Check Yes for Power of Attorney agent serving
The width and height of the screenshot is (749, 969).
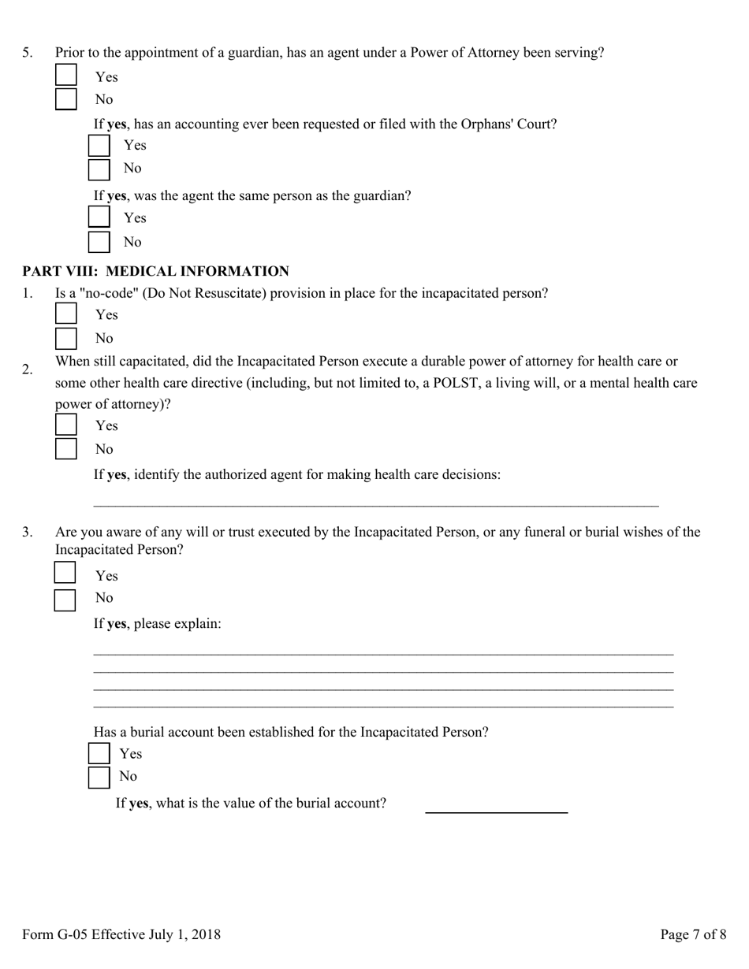[x=66, y=76]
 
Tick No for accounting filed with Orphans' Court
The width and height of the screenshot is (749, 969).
[x=99, y=169]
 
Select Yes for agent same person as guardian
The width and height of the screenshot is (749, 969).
[x=99, y=217]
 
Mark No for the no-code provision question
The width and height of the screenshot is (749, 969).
[x=66, y=339]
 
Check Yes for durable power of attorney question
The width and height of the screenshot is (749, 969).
[x=66, y=425]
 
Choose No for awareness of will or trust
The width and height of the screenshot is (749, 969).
[x=65, y=600]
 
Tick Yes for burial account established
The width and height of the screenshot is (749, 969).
[x=99, y=753]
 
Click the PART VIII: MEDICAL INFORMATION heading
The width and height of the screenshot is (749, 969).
[x=155, y=272]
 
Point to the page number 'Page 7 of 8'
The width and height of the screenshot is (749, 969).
[x=693, y=935]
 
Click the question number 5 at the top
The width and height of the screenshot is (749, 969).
[x=28, y=53]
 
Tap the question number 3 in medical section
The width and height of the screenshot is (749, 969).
[x=28, y=533]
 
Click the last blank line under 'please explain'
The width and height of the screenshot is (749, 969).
[x=383, y=704]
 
